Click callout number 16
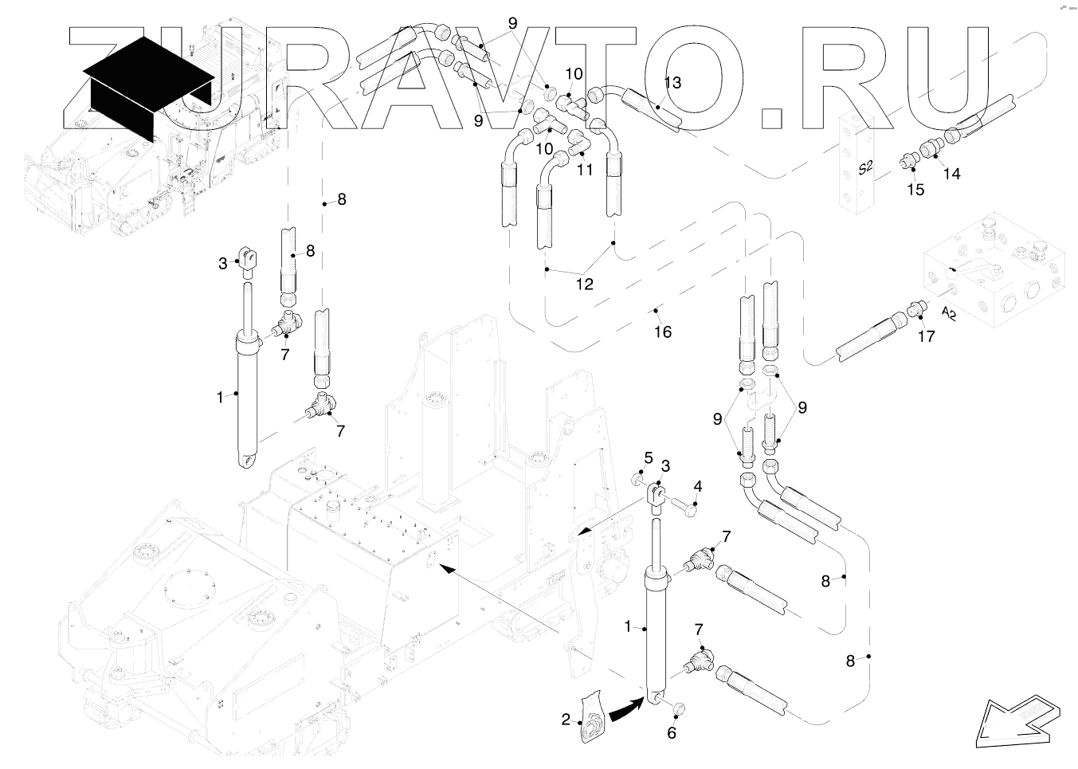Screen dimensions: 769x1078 663,332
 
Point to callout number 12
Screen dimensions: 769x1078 585,284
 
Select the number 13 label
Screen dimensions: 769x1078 672,82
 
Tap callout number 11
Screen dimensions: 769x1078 586,169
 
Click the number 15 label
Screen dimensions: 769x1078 916,190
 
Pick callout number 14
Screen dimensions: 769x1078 952,174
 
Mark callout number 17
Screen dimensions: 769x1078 926,336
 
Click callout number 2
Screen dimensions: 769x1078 566,720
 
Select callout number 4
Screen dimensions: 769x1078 698,486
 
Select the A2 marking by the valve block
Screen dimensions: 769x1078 948,312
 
